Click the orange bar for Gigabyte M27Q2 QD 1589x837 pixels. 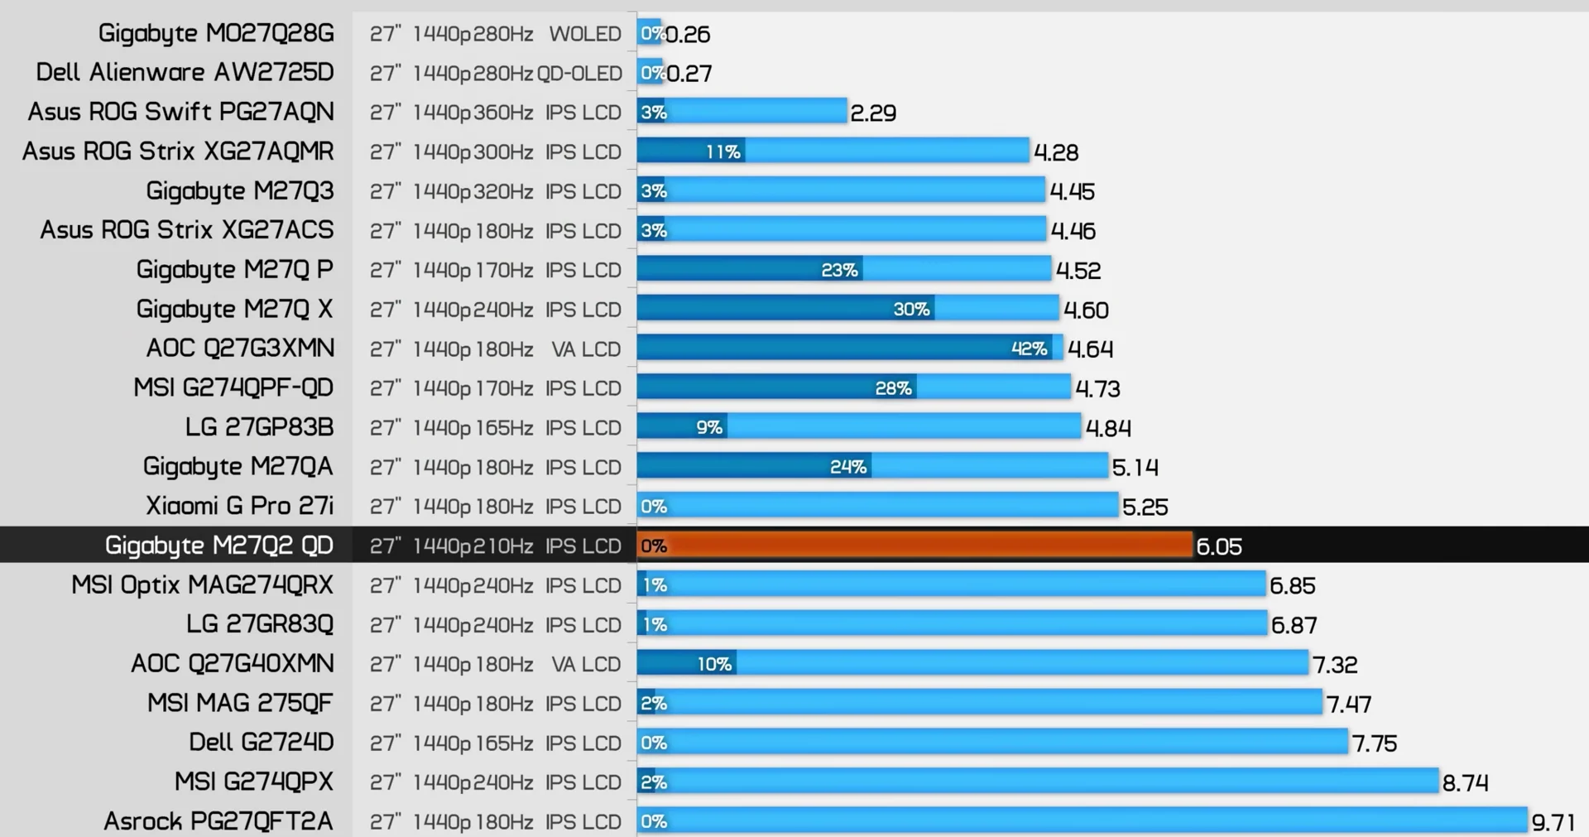pyautogui.click(x=915, y=546)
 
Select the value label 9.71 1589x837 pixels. pyautogui.click(x=1553, y=822)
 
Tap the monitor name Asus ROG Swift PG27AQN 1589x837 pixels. pyautogui.click(x=181, y=112)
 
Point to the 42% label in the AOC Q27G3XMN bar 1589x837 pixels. pyautogui.click(x=1029, y=349)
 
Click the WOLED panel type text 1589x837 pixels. pyautogui.click(x=585, y=34)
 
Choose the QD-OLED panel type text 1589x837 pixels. pyautogui.click(x=579, y=73)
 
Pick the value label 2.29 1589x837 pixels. pyautogui.click(x=873, y=113)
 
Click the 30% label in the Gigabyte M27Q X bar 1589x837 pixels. pyautogui.click(x=911, y=310)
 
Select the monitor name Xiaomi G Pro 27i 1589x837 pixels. pyautogui.click(x=239, y=506)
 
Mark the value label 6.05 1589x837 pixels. pyautogui.click(x=1219, y=546)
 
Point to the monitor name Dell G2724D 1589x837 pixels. pyautogui.click(x=261, y=742)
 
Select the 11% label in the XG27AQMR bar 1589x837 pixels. pyautogui.click(x=722, y=152)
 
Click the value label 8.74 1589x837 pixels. pyautogui.click(x=1465, y=782)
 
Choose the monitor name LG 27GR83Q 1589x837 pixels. pyautogui.click(x=260, y=624)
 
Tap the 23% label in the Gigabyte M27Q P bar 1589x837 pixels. pyautogui.click(x=839, y=270)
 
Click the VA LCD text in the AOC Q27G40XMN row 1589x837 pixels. pyautogui.click(x=586, y=664)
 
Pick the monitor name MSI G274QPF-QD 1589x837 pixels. pyautogui.click(x=233, y=387)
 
